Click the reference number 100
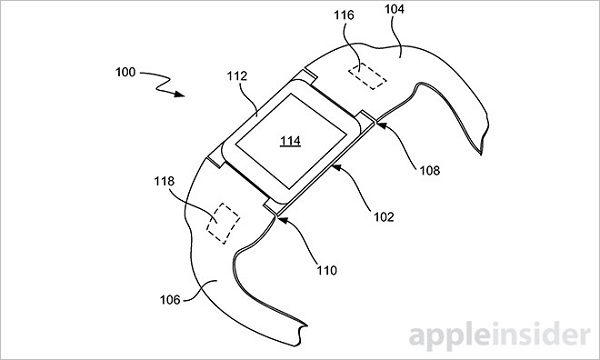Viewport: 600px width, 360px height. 126,72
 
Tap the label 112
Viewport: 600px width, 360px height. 237,76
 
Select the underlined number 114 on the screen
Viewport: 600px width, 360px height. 290,141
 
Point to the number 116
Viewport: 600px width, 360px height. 344,15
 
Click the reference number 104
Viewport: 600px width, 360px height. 394,9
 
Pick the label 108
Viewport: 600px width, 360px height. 430,170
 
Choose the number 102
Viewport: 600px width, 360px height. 383,217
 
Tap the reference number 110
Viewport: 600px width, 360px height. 326,270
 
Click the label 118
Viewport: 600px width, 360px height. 164,181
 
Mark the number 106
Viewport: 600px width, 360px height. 170,300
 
